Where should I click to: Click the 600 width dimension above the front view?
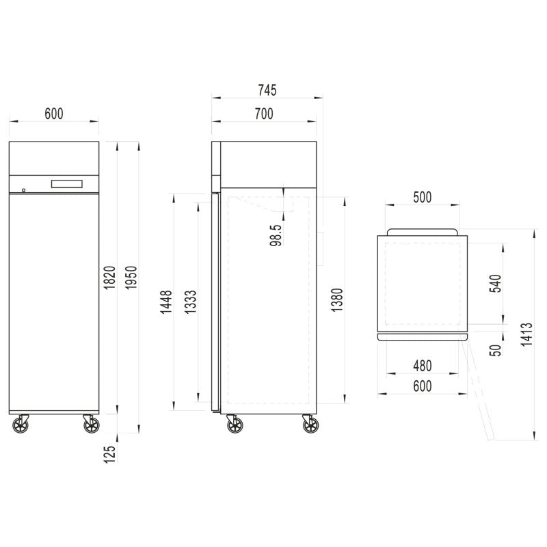pos(54,114)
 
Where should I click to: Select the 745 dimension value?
pos(267,90)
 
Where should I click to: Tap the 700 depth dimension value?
pos(263,114)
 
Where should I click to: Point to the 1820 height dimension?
pos(109,278)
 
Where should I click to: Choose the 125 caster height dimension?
pos(109,453)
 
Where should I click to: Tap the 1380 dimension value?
pos(336,299)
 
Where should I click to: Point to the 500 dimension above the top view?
pos(422,197)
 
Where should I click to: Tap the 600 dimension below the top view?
pos(422,386)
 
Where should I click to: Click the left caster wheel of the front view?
pos(21,425)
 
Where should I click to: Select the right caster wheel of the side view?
pos(310,425)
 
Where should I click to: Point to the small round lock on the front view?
pos(24,190)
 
